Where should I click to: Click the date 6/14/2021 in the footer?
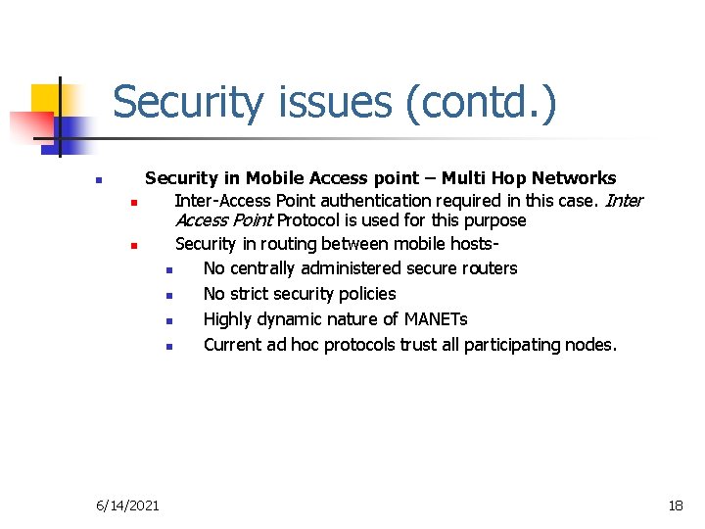coord(128,505)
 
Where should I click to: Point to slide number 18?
coord(675,505)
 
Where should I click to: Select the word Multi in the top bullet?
coord(463,178)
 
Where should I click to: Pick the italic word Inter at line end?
coord(624,201)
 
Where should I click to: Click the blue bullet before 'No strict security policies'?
coord(168,295)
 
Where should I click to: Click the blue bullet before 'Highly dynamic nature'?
coord(168,320)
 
